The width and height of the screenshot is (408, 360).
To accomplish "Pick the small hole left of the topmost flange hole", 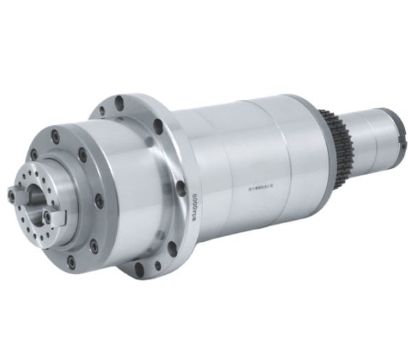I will (x=102, y=110).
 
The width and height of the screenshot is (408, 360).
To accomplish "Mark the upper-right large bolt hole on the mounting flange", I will (x=158, y=126).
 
